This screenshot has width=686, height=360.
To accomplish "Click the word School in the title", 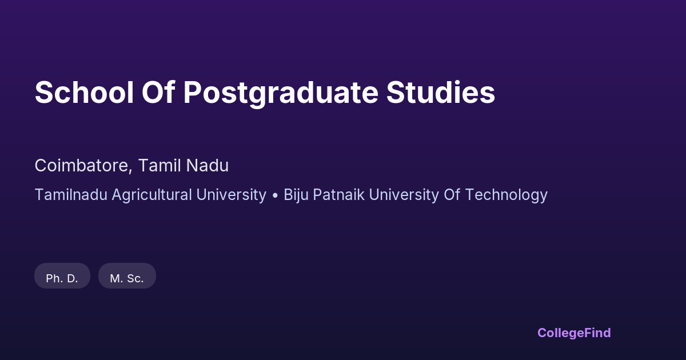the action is (84, 93).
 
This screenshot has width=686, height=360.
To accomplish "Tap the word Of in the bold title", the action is (158, 92).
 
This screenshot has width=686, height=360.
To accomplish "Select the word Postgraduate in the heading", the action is (281, 93).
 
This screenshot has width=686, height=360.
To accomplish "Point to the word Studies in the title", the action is (440, 92).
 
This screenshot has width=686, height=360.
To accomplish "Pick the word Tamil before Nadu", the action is (159, 166).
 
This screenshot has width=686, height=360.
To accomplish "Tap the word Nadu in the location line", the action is (208, 166).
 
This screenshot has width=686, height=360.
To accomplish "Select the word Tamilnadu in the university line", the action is (71, 195).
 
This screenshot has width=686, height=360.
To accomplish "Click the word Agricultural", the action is (152, 195).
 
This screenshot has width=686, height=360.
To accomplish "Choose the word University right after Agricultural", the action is (232, 195).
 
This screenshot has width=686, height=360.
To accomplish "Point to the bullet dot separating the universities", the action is (275, 195).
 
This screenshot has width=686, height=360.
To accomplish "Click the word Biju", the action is (296, 195).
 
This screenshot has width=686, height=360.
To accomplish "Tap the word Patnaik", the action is (338, 195).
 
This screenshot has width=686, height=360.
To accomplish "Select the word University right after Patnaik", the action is (404, 195).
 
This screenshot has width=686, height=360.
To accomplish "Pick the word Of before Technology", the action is (452, 195).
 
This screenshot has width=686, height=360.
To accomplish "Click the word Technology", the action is (506, 195).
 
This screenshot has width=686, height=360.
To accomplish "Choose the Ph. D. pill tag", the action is (62, 276).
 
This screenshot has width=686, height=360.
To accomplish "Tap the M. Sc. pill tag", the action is (127, 276).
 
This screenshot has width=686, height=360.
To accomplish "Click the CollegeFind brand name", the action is (574, 333).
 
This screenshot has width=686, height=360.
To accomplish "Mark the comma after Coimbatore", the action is (131, 171).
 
